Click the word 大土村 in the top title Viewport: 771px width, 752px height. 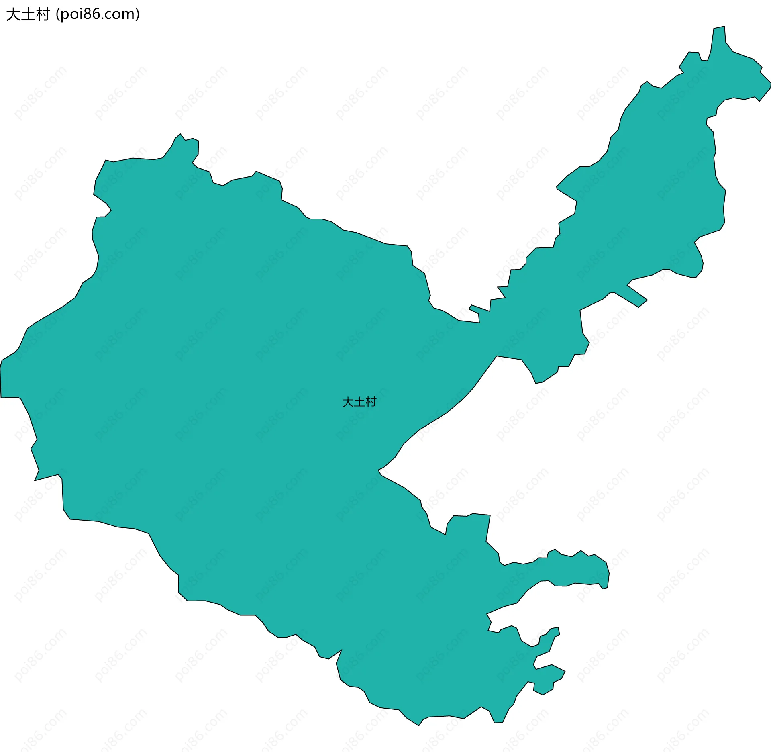tap(28, 14)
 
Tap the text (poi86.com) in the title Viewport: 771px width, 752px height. tap(98, 14)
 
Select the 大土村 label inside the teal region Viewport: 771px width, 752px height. tap(359, 402)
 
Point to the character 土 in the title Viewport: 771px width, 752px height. tap(28, 14)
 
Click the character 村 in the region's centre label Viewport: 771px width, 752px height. tap(371, 402)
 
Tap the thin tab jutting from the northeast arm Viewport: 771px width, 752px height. tap(636, 296)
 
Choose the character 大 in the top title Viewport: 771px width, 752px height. tap(13, 14)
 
